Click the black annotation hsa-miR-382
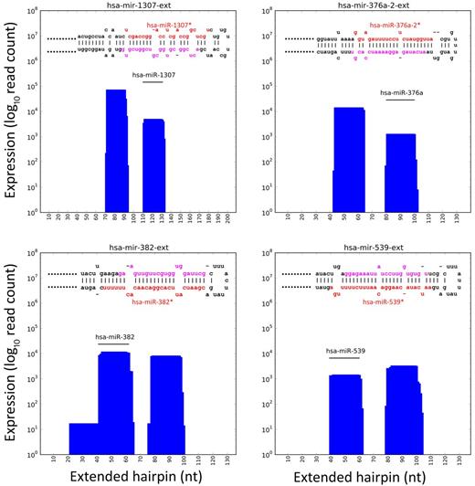tap(115, 337)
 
